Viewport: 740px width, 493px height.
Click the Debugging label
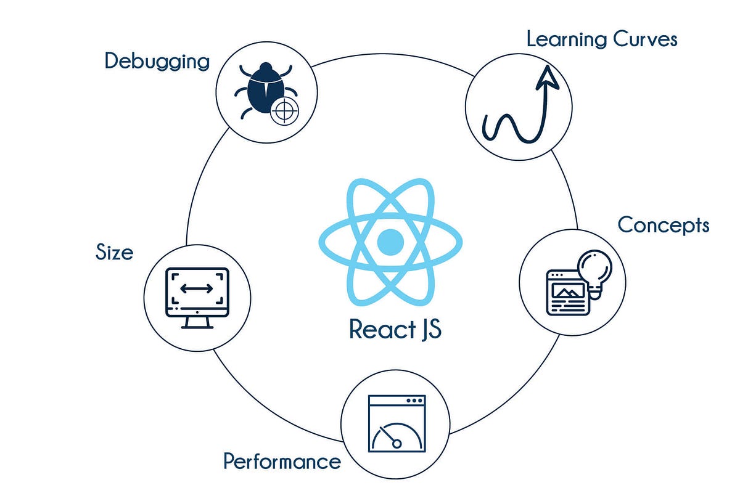157,62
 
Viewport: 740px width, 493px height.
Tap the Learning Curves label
601,39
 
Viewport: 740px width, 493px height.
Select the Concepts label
663,225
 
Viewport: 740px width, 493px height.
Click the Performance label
282,461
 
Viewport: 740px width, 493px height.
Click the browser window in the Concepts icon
565,293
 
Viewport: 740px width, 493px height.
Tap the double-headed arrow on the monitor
197,288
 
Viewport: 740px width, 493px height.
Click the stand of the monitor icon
197,321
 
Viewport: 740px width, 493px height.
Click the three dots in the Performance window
414,401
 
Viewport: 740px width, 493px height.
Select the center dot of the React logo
390,242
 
